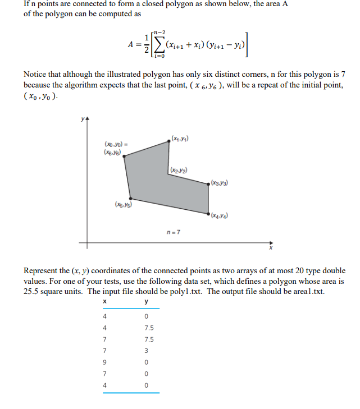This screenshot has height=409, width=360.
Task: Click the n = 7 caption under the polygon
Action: tap(174, 231)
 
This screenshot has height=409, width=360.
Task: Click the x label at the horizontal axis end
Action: tap(270, 248)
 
